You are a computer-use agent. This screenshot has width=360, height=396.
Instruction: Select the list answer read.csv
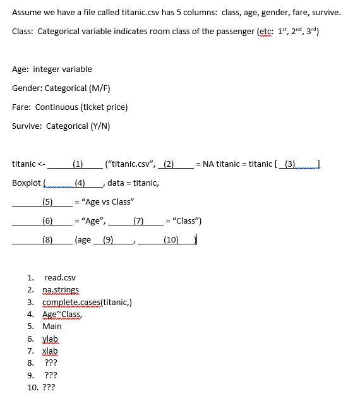coord(60,278)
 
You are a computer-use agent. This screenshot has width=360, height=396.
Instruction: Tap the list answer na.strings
coord(61,290)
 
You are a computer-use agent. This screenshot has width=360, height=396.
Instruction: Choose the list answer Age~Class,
coord(62,315)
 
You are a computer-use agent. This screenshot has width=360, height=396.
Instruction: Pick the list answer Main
coord(52,327)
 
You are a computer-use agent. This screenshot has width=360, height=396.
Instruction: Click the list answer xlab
coord(50,351)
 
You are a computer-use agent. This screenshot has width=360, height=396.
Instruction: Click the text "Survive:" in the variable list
coord(27,126)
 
